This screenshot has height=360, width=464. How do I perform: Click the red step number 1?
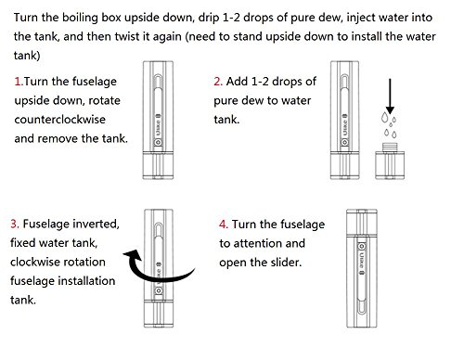(19, 82)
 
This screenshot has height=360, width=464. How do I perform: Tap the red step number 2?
(218, 82)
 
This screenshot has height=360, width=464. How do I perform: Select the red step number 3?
(15, 224)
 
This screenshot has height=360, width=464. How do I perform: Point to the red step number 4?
(224, 225)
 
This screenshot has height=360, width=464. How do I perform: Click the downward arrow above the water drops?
(390, 96)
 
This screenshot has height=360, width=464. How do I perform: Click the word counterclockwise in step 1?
(60, 120)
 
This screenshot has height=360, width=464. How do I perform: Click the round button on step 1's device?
(158, 143)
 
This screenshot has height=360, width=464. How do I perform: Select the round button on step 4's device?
(361, 247)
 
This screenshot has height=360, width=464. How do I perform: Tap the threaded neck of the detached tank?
(390, 147)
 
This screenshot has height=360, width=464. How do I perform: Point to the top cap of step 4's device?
(362, 223)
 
